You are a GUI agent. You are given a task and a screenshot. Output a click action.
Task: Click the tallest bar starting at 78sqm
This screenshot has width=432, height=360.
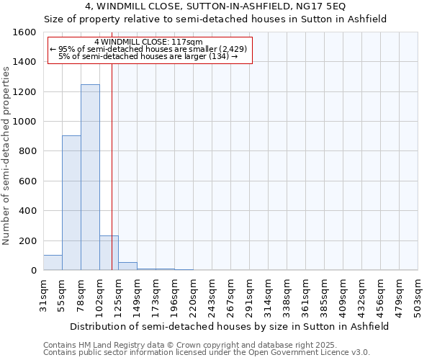tap(90, 177)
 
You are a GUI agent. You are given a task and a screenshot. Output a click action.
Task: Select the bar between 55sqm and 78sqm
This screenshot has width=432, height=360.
tap(71, 202)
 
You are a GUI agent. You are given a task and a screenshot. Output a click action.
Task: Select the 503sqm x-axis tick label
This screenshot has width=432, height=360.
tap(418, 295)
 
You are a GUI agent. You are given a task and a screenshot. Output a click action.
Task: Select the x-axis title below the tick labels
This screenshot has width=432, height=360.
tap(230, 326)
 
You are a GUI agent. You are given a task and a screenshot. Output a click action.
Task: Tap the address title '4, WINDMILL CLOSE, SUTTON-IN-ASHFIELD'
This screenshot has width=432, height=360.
tap(215, 6)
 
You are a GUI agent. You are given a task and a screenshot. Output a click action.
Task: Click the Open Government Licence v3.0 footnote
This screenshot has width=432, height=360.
tap(207, 353)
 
